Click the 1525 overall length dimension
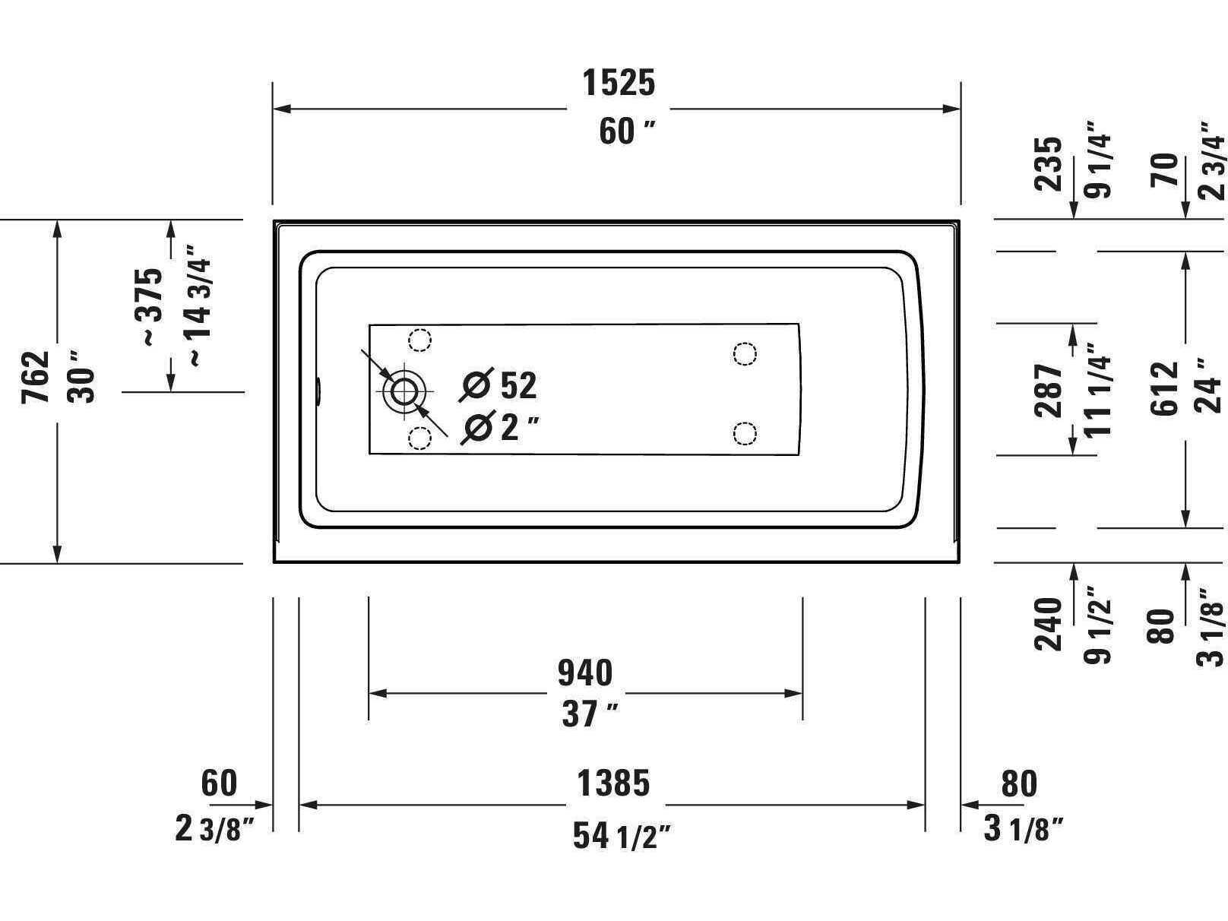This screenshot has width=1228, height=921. (619, 83)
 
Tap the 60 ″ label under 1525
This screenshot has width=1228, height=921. (626, 131)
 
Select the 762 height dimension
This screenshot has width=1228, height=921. (36, 377)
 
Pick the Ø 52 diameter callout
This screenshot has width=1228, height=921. (500, 385)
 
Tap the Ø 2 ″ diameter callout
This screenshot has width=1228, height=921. (500, 427)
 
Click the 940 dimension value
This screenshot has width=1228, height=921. (585, 673)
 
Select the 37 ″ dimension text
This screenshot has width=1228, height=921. (589, 714)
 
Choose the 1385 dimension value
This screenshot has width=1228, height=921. (614, 783)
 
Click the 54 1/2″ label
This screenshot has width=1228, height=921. (622, 837)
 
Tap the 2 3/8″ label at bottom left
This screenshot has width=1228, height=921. (214, 829)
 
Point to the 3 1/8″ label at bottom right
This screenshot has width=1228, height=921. (1023, 829)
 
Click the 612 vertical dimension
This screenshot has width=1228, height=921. (1164, 389)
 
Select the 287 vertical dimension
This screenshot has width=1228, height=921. (1049, 390)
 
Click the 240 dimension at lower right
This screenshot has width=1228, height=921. (1049, 625)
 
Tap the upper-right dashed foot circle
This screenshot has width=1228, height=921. (745, 353)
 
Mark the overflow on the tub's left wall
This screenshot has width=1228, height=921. (320, 391)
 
